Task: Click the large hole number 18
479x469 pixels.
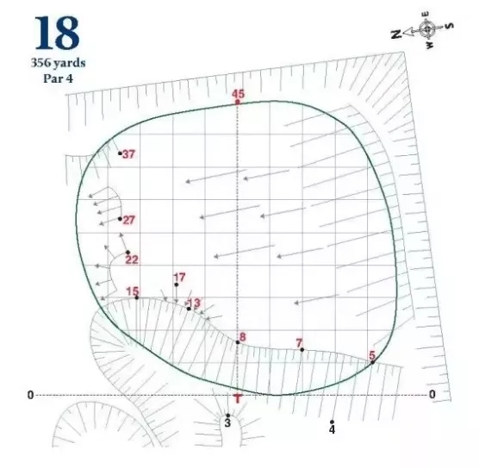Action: [57, 33]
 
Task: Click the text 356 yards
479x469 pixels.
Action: [58, 63]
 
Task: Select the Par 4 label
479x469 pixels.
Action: [58, 78]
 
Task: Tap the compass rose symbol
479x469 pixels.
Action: [426, 29]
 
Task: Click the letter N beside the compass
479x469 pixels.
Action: [396, 34]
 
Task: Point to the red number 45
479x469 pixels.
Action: [238, 94]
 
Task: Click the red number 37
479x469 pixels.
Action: [128, 154]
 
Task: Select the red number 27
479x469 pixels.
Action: [129, 220]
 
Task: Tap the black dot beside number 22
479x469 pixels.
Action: [128, 253]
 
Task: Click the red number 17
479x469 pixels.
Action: [179, 278]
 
